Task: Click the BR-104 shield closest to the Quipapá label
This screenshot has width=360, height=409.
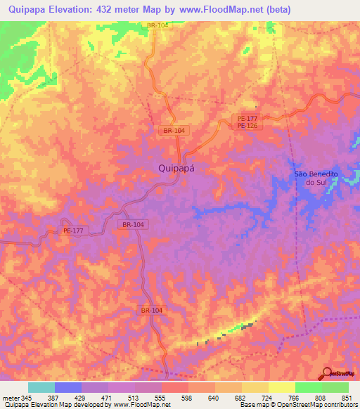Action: point(174,131)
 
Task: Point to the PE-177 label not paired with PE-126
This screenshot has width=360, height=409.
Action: point(73,230)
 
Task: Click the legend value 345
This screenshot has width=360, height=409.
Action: point(27,397)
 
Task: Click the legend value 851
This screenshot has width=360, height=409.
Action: point(348,397)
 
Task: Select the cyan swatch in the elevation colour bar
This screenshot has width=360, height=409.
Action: point(41,387)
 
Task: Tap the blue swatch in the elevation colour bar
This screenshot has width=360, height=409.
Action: point(68,387)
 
